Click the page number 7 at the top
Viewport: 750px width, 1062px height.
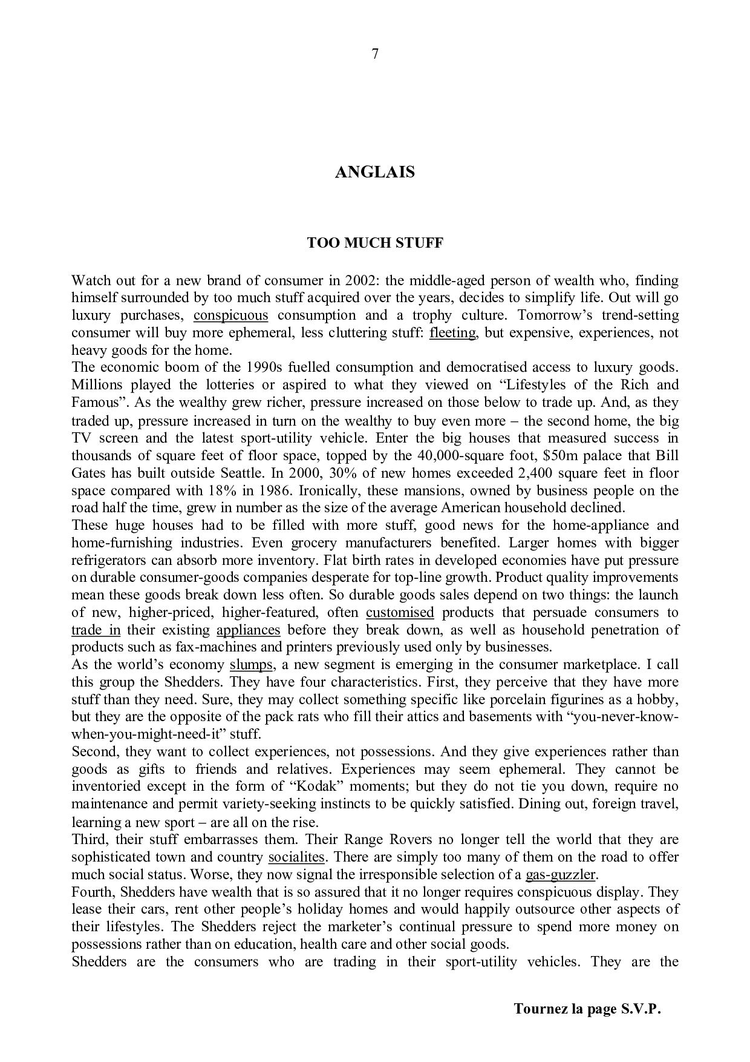coord(375,54)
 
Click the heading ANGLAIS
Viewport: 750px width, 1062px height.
coord(375,172)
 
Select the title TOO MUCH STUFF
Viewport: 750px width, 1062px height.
coord(375,243)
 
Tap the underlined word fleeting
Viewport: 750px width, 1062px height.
coord(452,332)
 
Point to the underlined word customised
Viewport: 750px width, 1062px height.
coord(400,612)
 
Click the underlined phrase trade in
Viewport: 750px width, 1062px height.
coord(96,630)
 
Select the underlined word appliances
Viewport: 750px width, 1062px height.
coord(248,630)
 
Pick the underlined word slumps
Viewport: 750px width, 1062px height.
coord(251,664)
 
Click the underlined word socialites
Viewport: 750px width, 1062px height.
coord(296,857)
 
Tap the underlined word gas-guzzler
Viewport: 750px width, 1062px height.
coord(561,874)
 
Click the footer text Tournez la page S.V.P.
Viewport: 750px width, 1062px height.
coord(587,1009)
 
